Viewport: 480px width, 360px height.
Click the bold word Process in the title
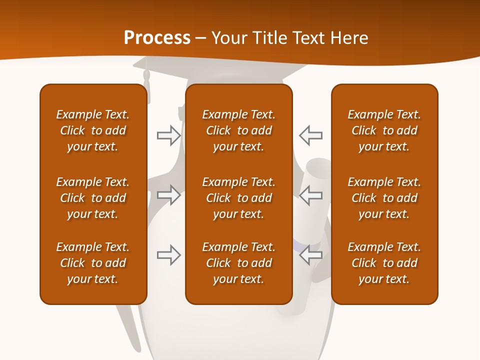[157, 38]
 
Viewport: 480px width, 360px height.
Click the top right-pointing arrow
[168, 135]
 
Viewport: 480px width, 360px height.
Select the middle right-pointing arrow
[168, 195]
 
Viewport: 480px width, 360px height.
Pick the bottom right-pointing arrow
[168, 255]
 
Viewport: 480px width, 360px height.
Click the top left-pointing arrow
[311, 135]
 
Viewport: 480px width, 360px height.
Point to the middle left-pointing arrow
[311, 195]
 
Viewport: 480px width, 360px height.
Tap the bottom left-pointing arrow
[311, 255]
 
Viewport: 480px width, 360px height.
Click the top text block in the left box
[93, 130]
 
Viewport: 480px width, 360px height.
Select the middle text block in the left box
[93, 198]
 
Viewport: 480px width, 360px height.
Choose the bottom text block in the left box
[93, 263]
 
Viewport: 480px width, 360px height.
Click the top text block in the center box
[238, 130]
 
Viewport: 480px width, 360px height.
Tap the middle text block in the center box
[238, 198]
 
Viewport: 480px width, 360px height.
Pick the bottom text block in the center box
[238, 263]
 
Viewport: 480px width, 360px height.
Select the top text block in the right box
[384, 130]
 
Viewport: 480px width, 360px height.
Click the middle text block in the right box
[384, 198]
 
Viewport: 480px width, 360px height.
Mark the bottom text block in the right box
[384, 263]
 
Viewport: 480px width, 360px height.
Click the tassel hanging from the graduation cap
[146, 80]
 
